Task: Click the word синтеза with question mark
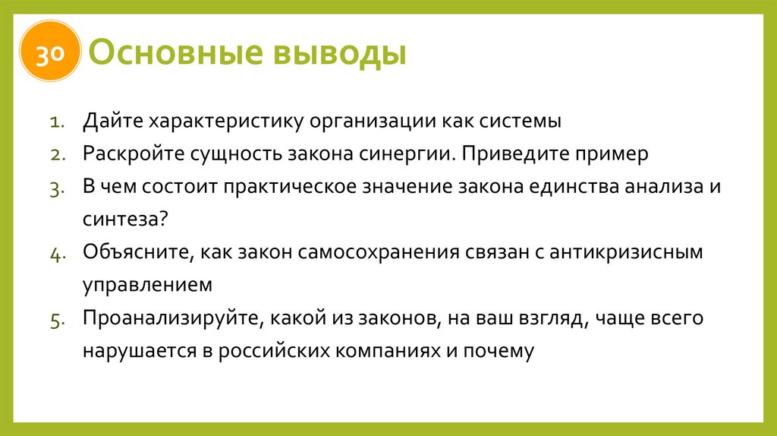tap(125, 220)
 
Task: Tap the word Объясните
tap(139, 253)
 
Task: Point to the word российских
tap(281, 351)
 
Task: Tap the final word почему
tap(500, 351)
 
